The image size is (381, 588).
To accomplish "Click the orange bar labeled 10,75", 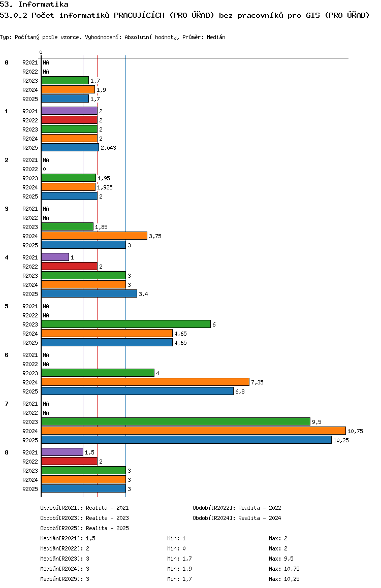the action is pos(194,431).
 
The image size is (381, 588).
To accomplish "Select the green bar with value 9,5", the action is pos(176,421).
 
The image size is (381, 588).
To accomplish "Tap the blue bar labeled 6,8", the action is pos(137,391).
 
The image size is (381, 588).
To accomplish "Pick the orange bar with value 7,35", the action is pos(145,382).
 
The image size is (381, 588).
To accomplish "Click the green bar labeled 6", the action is pos(126,324).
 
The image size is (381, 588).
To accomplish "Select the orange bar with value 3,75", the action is pos(94,236).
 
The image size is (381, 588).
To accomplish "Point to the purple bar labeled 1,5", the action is pos(62,452).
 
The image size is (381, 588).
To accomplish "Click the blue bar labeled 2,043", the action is pos(70,147).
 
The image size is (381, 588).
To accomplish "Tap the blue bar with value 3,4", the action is pos(89,293).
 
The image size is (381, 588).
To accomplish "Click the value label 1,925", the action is pos(105,187).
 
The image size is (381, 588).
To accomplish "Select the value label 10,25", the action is pos(341,440).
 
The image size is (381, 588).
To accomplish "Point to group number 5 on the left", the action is pos(7,306).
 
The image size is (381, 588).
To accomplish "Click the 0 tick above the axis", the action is pos(41,52).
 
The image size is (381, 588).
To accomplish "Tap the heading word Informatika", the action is pos(43,5).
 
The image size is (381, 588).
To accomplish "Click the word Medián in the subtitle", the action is pos(216,37).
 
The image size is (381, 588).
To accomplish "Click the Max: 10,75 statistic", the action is pos(284,569).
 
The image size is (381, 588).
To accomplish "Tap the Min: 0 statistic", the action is pos(176,548).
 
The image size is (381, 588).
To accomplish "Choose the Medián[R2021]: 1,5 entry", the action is pos(68,538).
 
